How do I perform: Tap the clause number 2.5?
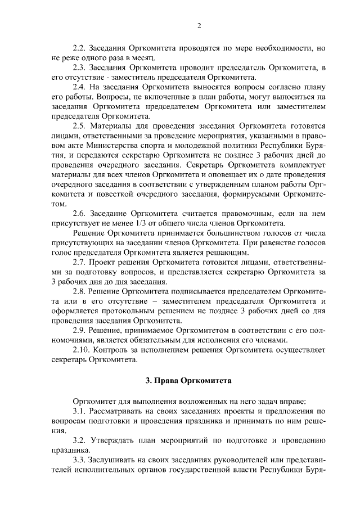pyautogui.click(x=80, y=124)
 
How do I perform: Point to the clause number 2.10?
pyautogui.click(x=83, y=350)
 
